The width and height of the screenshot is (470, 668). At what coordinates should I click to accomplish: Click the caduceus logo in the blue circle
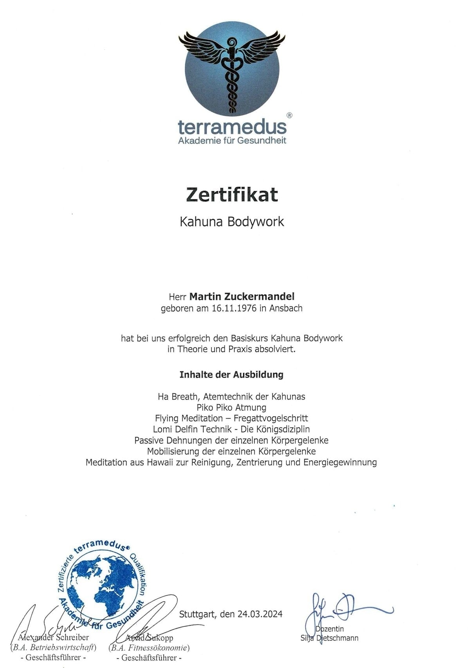[x=232, y=70]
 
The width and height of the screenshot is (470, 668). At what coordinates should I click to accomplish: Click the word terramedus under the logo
[x=232, y=127]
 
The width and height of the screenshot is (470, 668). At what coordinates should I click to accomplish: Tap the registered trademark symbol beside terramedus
[x=289, y=115]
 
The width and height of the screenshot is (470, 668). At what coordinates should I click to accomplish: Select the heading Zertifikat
[x=232, y=195]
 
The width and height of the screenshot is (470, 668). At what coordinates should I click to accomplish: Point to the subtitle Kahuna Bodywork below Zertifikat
[x=232, y=222]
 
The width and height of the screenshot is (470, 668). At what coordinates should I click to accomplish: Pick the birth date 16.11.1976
[x=234, y=308]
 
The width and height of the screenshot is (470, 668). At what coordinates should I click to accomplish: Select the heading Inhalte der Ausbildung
[x=231, y=375]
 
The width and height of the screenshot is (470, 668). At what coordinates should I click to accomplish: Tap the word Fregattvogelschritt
[x=271, y=418]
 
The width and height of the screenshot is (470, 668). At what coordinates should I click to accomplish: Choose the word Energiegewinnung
[x=340, y=462]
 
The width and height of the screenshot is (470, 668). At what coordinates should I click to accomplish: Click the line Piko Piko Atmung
[x=231, y=407]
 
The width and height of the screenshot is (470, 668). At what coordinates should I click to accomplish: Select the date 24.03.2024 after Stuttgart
[x=260, y=614]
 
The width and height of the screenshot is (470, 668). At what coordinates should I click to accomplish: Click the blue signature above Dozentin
[x=345, y=609]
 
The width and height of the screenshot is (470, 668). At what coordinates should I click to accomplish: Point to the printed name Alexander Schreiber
[x=53, y=637]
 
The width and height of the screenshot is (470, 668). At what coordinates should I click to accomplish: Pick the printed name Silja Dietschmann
[x=329, y=638]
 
